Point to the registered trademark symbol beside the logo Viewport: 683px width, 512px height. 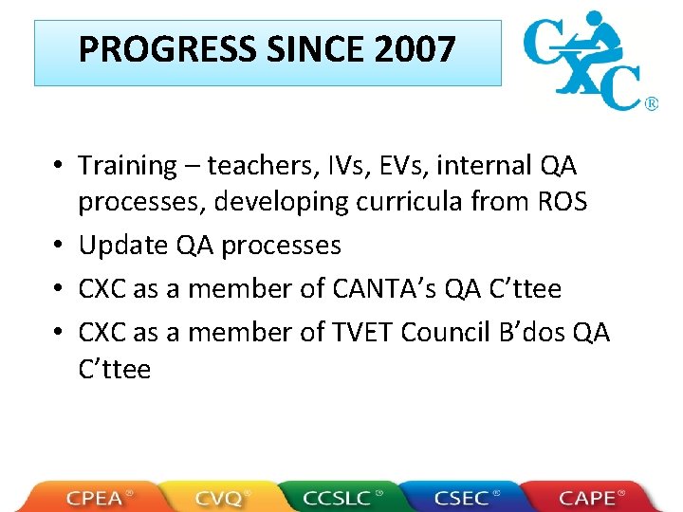tap(652, 103)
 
